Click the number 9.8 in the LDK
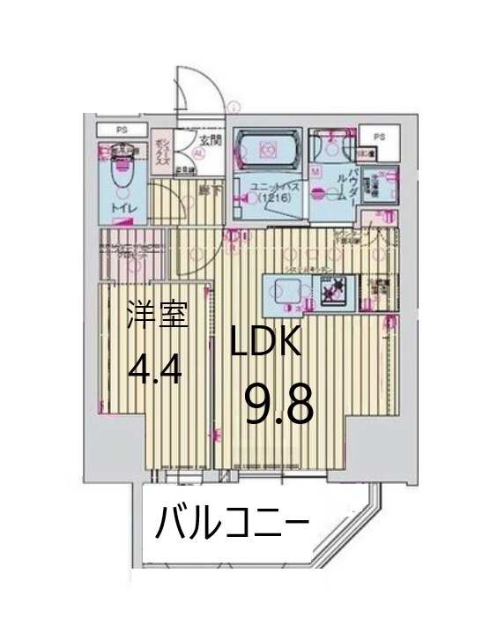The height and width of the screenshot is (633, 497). coord(278,405)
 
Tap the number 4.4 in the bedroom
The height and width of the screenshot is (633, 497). coord(155,371)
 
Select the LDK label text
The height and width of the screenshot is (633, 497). coord(266,342)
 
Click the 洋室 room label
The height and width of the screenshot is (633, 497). coord(158,316)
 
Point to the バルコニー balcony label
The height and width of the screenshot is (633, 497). coord(232,525)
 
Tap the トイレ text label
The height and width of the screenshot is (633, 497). coord(123,208)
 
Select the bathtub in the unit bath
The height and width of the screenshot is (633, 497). coord(269,147)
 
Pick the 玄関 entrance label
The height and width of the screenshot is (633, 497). coord(210,140)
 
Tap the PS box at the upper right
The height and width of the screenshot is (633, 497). coord(379,137)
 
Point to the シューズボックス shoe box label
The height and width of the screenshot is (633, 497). coord(160,152)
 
